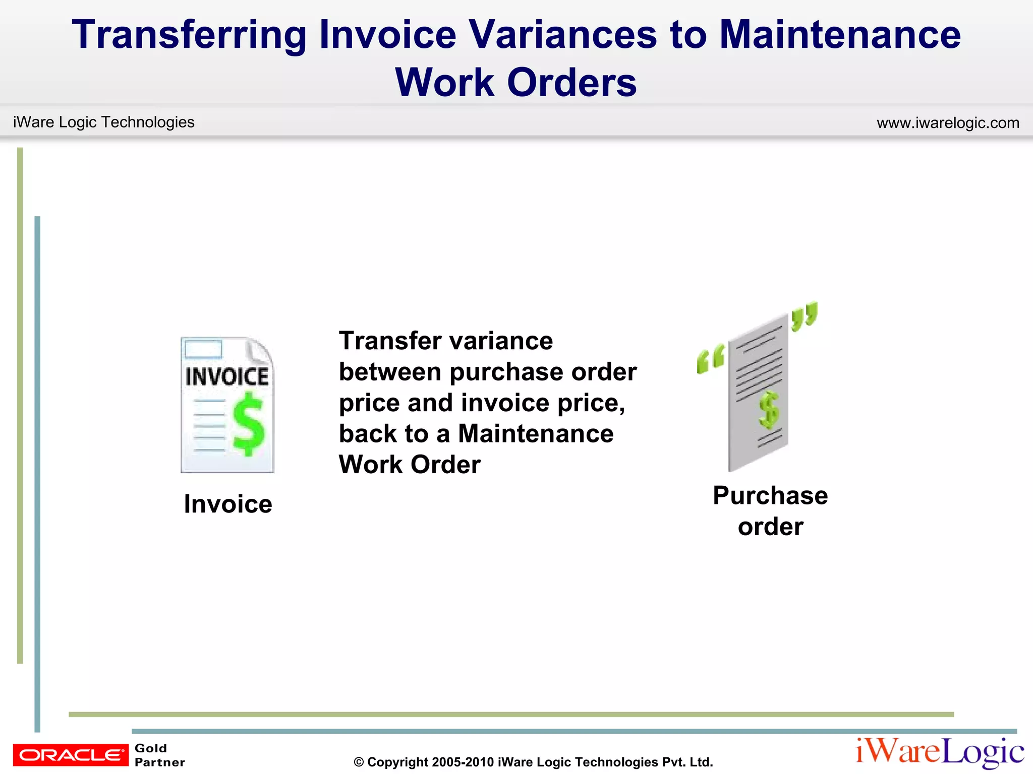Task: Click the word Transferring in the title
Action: click(189, 35)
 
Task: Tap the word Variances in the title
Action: click(563, 35)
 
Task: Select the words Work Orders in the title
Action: click(515, 83)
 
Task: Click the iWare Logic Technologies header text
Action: click(103, 122)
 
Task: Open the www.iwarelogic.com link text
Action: click(948, 122)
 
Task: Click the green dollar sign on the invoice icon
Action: click(248, 424)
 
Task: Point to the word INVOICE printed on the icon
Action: click(227, 377)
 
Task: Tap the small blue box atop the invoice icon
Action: click(203, 349)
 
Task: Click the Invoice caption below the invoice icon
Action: click(228, 504)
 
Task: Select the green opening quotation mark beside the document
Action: click(710, 359)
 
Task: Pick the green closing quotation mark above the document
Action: click(804, 316)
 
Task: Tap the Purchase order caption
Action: click(770, 511)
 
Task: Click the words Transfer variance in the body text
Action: click(446, 341)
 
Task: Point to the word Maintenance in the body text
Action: click(536, 433)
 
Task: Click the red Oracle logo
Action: click(71, 754)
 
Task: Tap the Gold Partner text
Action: click(159, 755)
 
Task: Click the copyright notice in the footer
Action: click(533, 762)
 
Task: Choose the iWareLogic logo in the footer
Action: click(940, 752)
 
